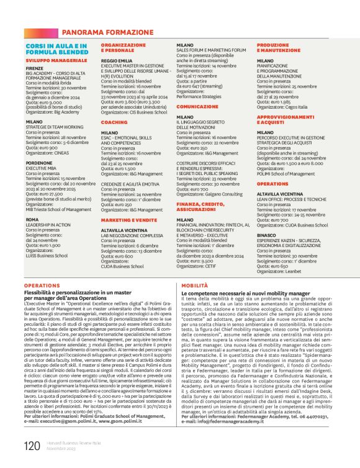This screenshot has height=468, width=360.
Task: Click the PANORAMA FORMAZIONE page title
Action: tap(99, 31)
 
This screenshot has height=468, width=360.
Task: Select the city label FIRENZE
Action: tap(35, 68)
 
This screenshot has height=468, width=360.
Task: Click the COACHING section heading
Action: tap(114, 122)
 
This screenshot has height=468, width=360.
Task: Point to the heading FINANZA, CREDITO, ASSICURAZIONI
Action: tap(203, 206)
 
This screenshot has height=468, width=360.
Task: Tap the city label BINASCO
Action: tap(267, 236)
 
